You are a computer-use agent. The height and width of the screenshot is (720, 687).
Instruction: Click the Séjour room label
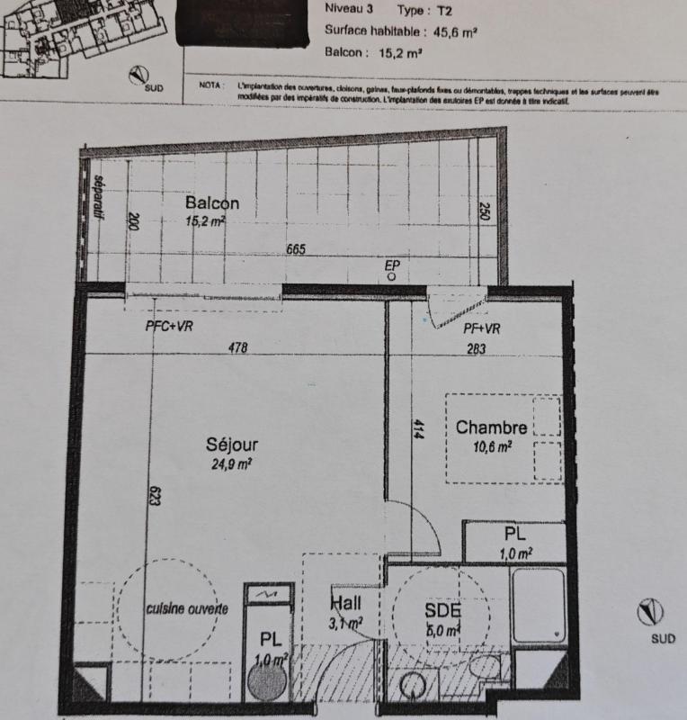[x=232, y=445]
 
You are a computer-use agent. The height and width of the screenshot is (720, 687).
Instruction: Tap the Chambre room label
[x=491, y=427]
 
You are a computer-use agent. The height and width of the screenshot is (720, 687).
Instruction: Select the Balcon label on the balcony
[x=212, y=203]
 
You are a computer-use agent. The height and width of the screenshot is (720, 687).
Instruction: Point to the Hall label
[x=347, y=603]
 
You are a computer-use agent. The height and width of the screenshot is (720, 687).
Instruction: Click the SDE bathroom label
[x=442, y=611]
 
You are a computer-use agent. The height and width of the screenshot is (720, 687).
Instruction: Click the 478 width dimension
[x=237, y=347]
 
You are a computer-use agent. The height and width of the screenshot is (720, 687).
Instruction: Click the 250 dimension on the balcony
[x=486, y=213]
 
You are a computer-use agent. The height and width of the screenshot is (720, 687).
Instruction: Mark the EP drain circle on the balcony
[x=392, y=278]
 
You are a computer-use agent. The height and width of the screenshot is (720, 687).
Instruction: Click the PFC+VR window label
[x=170, y=328]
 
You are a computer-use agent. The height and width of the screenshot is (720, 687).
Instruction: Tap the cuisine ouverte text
[x=187, y=608]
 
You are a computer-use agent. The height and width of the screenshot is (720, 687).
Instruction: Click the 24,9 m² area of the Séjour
[x=230, y=464]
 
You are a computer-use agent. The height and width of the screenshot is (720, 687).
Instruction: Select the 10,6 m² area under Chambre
[x=491, y=445]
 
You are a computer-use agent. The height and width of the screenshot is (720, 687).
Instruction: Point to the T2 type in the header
[x=444, y=10]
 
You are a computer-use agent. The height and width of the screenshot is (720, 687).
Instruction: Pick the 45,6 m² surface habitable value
[x=456, y=31]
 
